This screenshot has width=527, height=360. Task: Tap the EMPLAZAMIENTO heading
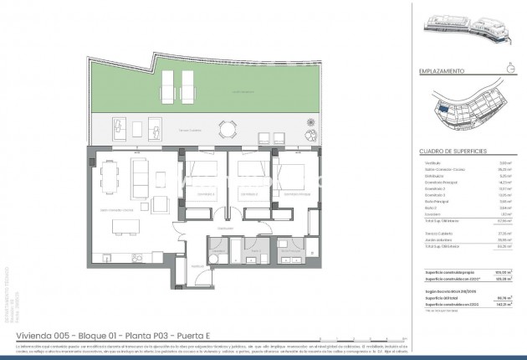pos(441,72)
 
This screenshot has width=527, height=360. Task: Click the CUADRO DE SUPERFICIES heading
pos(450,152)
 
